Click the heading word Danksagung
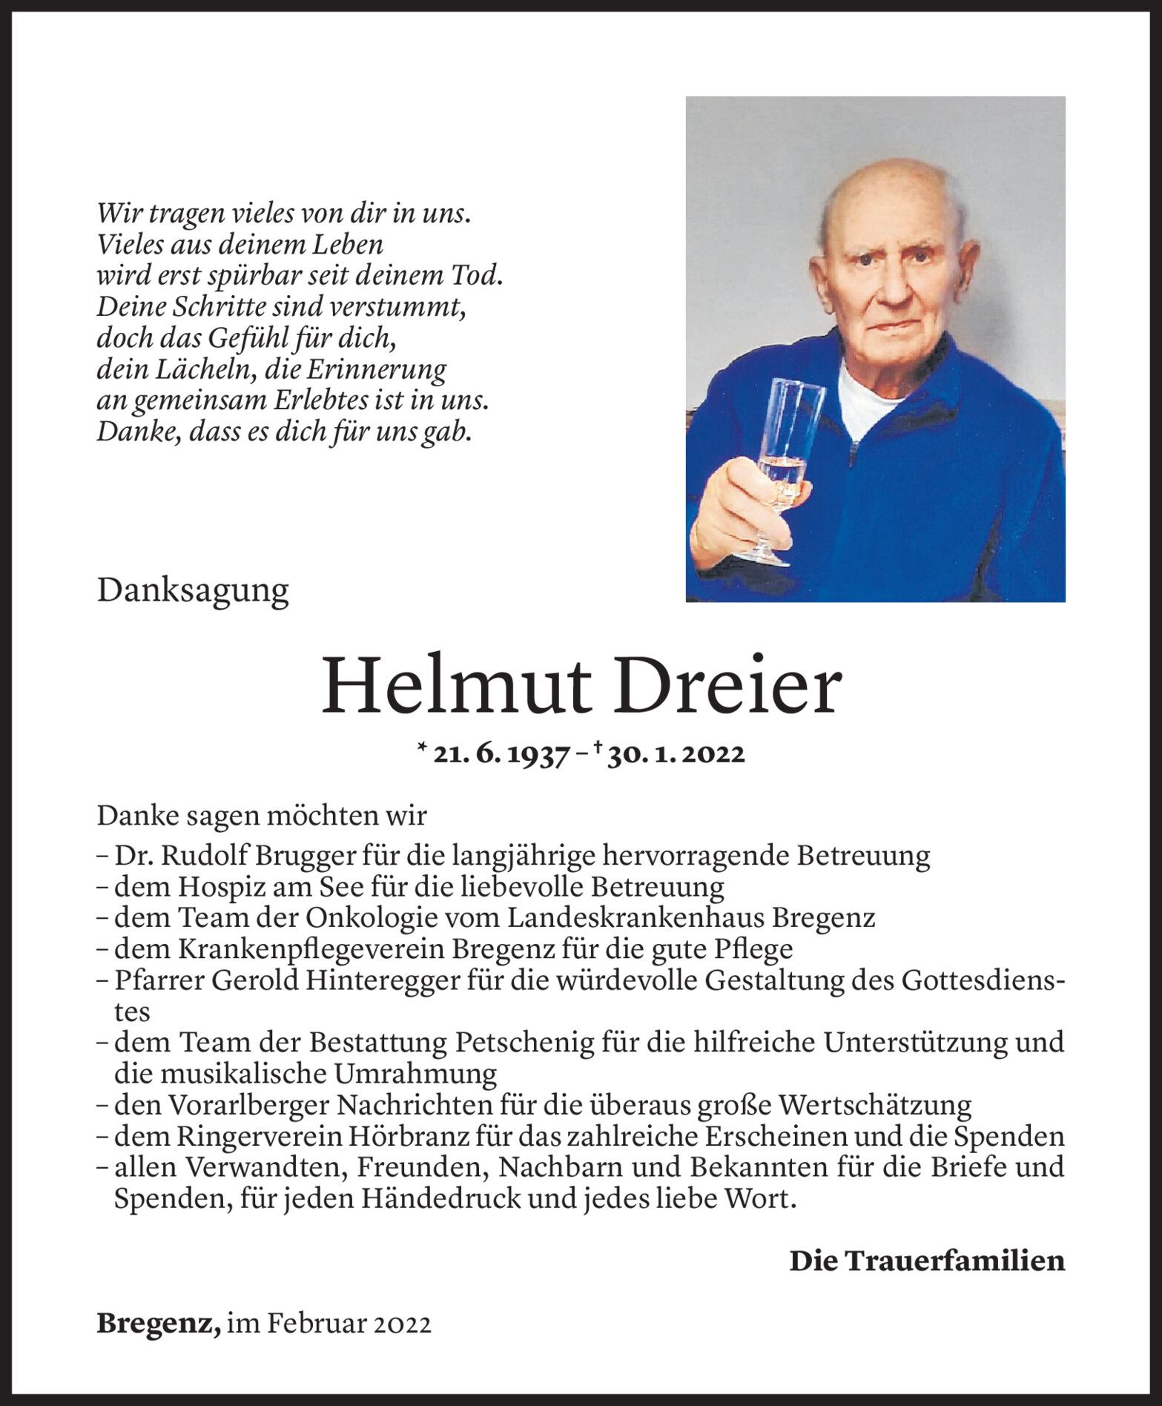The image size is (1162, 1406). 192,591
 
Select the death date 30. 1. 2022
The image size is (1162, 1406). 675,754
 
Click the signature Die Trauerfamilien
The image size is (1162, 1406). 926,1261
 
